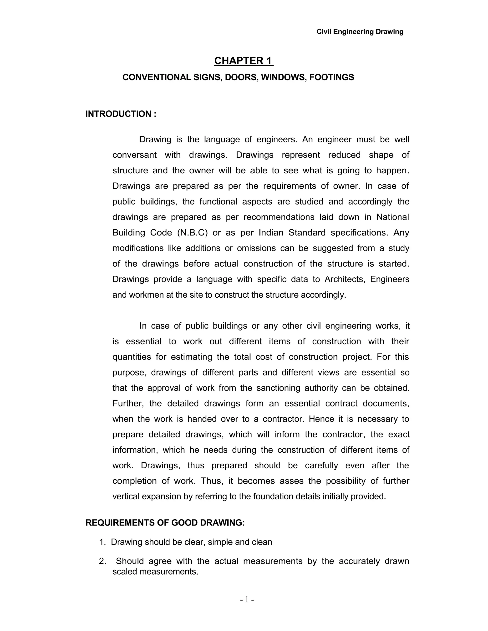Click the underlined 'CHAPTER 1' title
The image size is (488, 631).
[244, 61]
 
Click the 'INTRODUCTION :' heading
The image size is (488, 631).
[121, 114]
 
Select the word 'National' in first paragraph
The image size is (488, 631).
[393, 217]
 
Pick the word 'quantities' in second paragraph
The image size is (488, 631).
[132, 357]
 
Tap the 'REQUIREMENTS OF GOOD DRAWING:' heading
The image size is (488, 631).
[165, 523]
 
